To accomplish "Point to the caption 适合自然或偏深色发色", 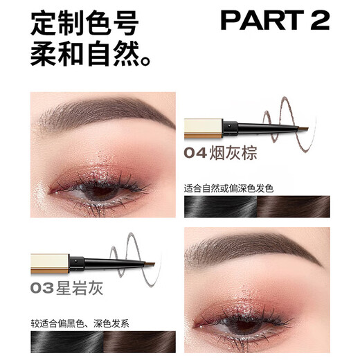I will pos(237,187).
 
